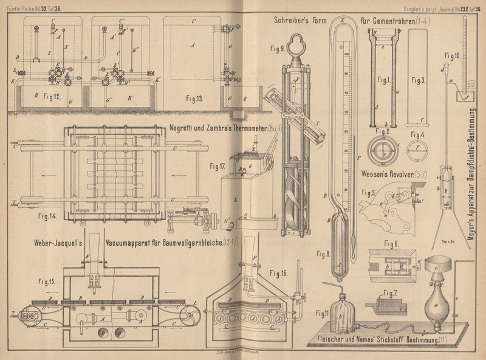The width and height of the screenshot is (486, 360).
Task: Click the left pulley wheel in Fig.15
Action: tap(29, 316)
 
